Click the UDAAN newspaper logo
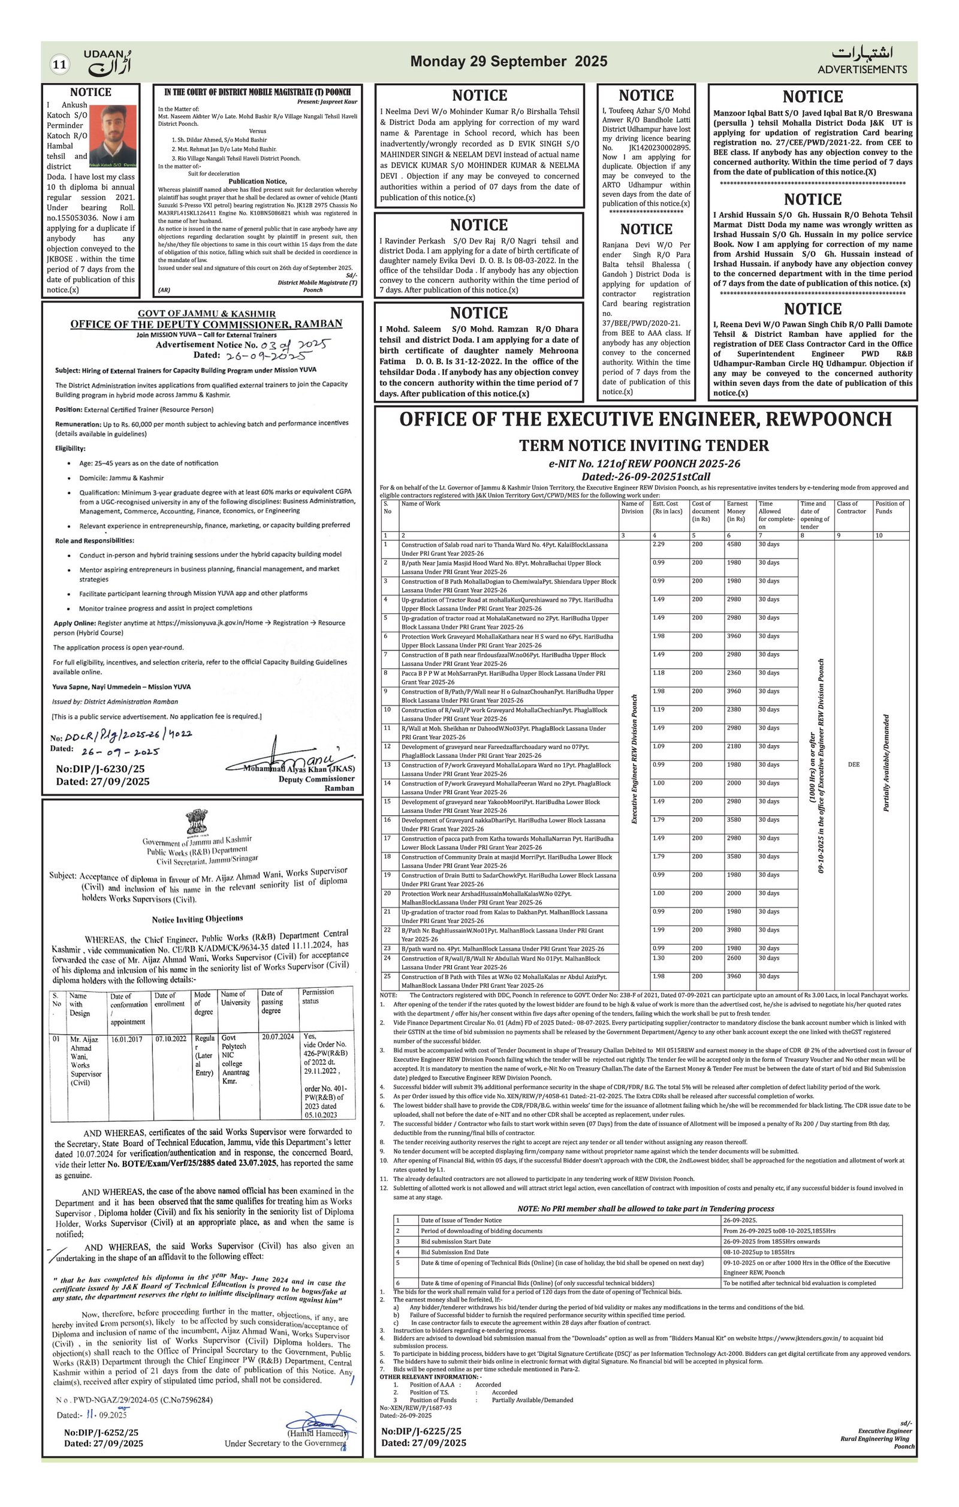coord(108,61)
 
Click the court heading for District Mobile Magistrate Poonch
coord(257,92)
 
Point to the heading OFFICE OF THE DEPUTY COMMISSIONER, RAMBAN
coord(206,324)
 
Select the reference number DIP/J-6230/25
coord(100,769)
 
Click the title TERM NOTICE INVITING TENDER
coord(644,445)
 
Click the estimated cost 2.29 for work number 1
coord(658,544)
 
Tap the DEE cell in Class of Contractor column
coord(854,764)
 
